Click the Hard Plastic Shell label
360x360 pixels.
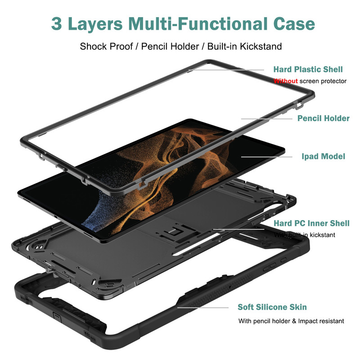point(308,69)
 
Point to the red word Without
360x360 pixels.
point(286,81)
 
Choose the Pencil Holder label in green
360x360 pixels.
point(323,118)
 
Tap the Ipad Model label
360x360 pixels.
point(323,157)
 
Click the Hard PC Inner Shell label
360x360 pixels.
point(311,223)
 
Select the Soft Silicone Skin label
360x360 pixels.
point(272,307)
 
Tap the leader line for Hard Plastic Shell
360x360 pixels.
point(229,69)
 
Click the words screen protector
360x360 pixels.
point(323,81)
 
